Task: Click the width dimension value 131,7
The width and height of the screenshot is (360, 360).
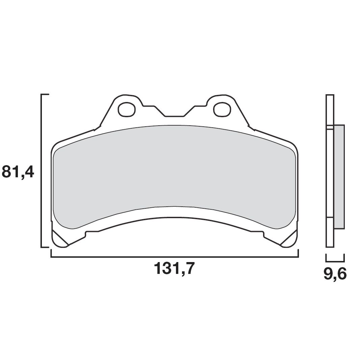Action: [x=174, y=269]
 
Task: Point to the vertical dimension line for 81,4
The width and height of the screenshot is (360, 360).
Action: [x=42, y=171]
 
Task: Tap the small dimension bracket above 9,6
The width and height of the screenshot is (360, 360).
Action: [x=335, y=261]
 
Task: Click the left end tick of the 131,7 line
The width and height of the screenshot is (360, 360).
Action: [x=51, y=254]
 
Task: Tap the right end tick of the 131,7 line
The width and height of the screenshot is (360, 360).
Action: [x=298, y=254]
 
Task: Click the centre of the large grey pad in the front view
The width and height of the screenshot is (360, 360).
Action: [x=174, y=176]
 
